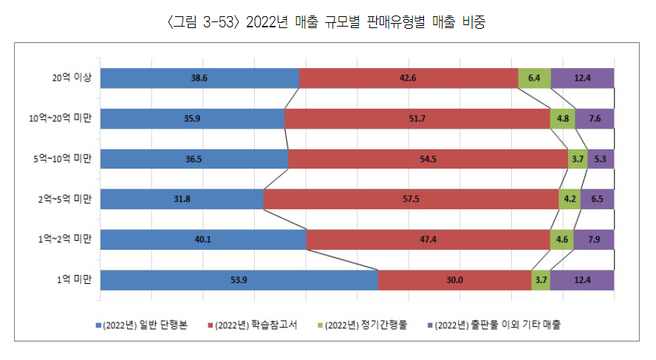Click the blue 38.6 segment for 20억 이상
point(199,78)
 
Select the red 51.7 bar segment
point(417,118)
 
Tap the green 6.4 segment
point(534,78)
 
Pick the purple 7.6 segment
point(595,118)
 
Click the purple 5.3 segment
point(601,159)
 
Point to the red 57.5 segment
point(411,200)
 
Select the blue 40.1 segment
point(203,240)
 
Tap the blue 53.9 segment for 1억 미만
point(239,280)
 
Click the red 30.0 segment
point(455,280)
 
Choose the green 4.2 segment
point(570,200)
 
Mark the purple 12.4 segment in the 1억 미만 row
point(582,280)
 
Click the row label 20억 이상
point(72,78)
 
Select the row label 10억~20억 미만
point(61,118)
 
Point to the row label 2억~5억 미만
point(65,200)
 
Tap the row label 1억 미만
point(75,280)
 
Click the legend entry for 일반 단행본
point(142,325)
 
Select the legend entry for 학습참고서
point(253,325)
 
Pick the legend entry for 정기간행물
point(362,325)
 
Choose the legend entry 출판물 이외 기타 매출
point(494,325)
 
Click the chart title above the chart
point(327,21)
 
